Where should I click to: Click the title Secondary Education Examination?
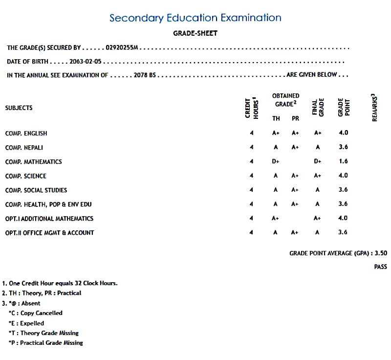click(195, 18)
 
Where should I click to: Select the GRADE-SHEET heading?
click(195, 33)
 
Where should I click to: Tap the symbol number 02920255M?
click(122, 48)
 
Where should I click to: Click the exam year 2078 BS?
click(145, 75)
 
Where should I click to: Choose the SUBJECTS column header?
click(19, 108)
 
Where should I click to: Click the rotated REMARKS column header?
click(374, 107)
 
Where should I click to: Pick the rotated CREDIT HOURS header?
click(251, 108)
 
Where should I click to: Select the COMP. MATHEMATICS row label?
click(33, 162)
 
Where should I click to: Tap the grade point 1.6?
click(343, 161)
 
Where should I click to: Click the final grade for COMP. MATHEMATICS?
click(318, 161)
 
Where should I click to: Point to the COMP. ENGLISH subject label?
click(26, 134)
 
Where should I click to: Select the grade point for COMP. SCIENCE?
click(343, 176)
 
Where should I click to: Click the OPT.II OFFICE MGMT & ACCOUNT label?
click(49, 233)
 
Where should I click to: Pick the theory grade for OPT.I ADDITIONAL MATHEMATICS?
click(276, 219)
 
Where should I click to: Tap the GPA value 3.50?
click(380, 253)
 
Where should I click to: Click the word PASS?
click(380, 267)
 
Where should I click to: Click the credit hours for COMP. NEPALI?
click(251, 147)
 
